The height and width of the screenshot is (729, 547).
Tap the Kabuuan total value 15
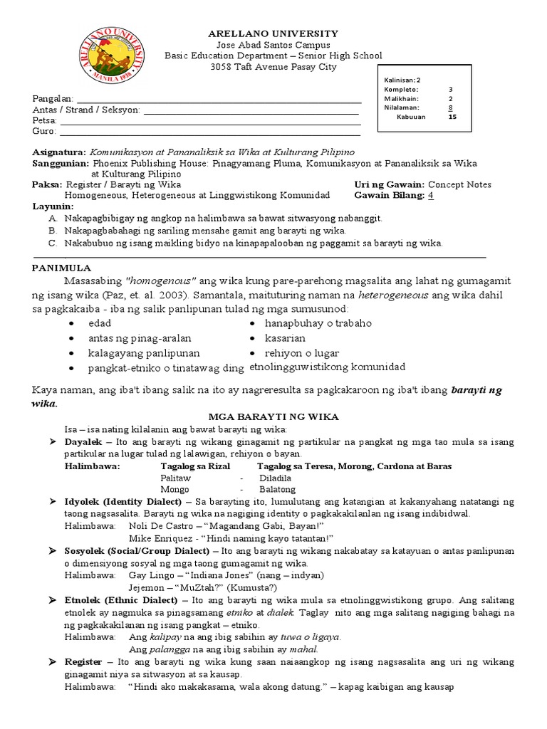pos(452,117)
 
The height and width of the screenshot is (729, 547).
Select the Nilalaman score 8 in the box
pos(450,107)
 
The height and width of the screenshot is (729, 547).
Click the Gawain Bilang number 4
pos(431,195)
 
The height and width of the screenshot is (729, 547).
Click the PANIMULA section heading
pos(62,268)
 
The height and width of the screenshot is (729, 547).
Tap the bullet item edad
pos(100,323)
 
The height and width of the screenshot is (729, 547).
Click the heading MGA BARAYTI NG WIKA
pos(273,416)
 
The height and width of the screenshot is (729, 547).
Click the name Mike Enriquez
pos(161,537)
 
